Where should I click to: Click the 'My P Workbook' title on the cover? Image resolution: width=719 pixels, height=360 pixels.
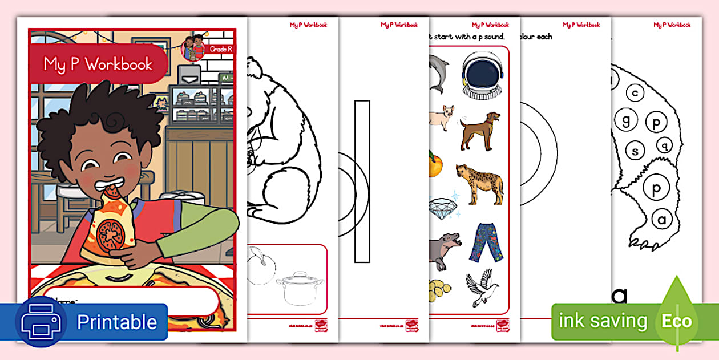click(x=98, y=64)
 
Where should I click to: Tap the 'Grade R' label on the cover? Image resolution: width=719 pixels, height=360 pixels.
click(x=221, y=49)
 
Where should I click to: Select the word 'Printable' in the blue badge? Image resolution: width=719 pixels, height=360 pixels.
click(x=116, y=322)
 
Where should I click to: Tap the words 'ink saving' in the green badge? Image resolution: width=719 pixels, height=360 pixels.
click(x=603, y=321)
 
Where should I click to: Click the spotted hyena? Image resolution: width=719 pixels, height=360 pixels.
click(x=480, y=184)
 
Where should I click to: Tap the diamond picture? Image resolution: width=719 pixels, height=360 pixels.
click(x=443, y=207)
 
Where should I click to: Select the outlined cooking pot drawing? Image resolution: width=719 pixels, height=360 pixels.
click(x=299, y=288)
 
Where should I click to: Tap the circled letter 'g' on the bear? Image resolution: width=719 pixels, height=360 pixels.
click(x=626, y=120)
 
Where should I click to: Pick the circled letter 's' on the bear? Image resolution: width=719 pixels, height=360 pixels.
click(x=635, y=151)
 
